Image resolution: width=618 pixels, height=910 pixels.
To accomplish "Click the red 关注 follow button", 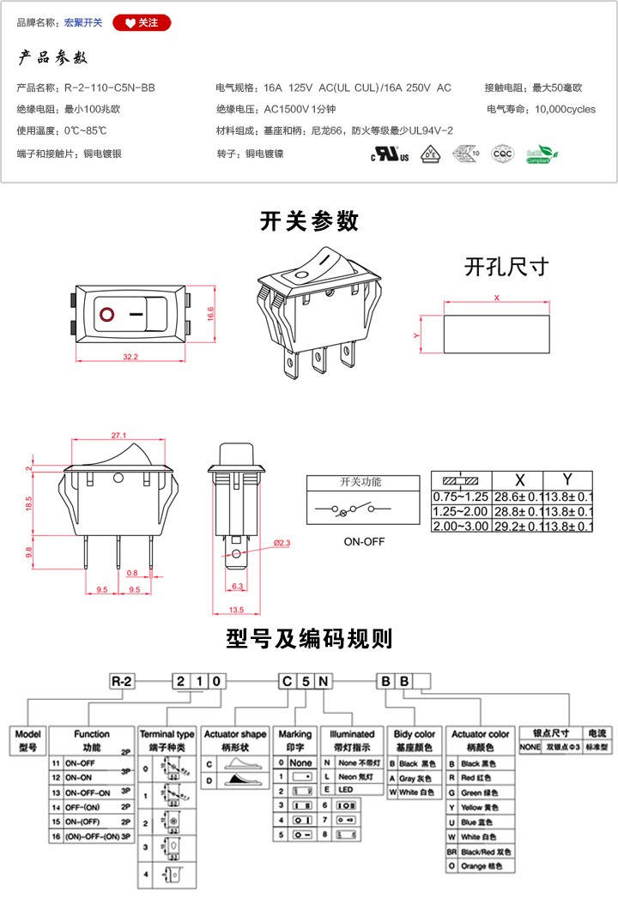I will pos(142,23).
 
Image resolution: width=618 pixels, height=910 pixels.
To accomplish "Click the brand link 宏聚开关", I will pos(83,23).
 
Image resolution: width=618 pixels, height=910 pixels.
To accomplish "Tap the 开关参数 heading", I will pos(309,221).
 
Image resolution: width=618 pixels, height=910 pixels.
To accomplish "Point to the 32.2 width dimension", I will pos(130,356).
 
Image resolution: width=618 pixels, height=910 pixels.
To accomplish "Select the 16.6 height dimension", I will pos(209,314).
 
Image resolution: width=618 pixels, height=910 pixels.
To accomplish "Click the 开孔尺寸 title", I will pos(506,266).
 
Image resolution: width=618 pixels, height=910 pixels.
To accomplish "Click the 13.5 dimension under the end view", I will pos(236,610).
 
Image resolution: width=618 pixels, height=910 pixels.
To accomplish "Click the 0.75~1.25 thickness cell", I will pos(460,497).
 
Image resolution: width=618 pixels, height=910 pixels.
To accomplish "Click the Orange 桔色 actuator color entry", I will pos(482,868).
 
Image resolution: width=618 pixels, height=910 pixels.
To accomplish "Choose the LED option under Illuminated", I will pos(347,789).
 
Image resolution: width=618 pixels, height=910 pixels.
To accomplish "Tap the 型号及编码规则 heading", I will pos(309,639).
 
